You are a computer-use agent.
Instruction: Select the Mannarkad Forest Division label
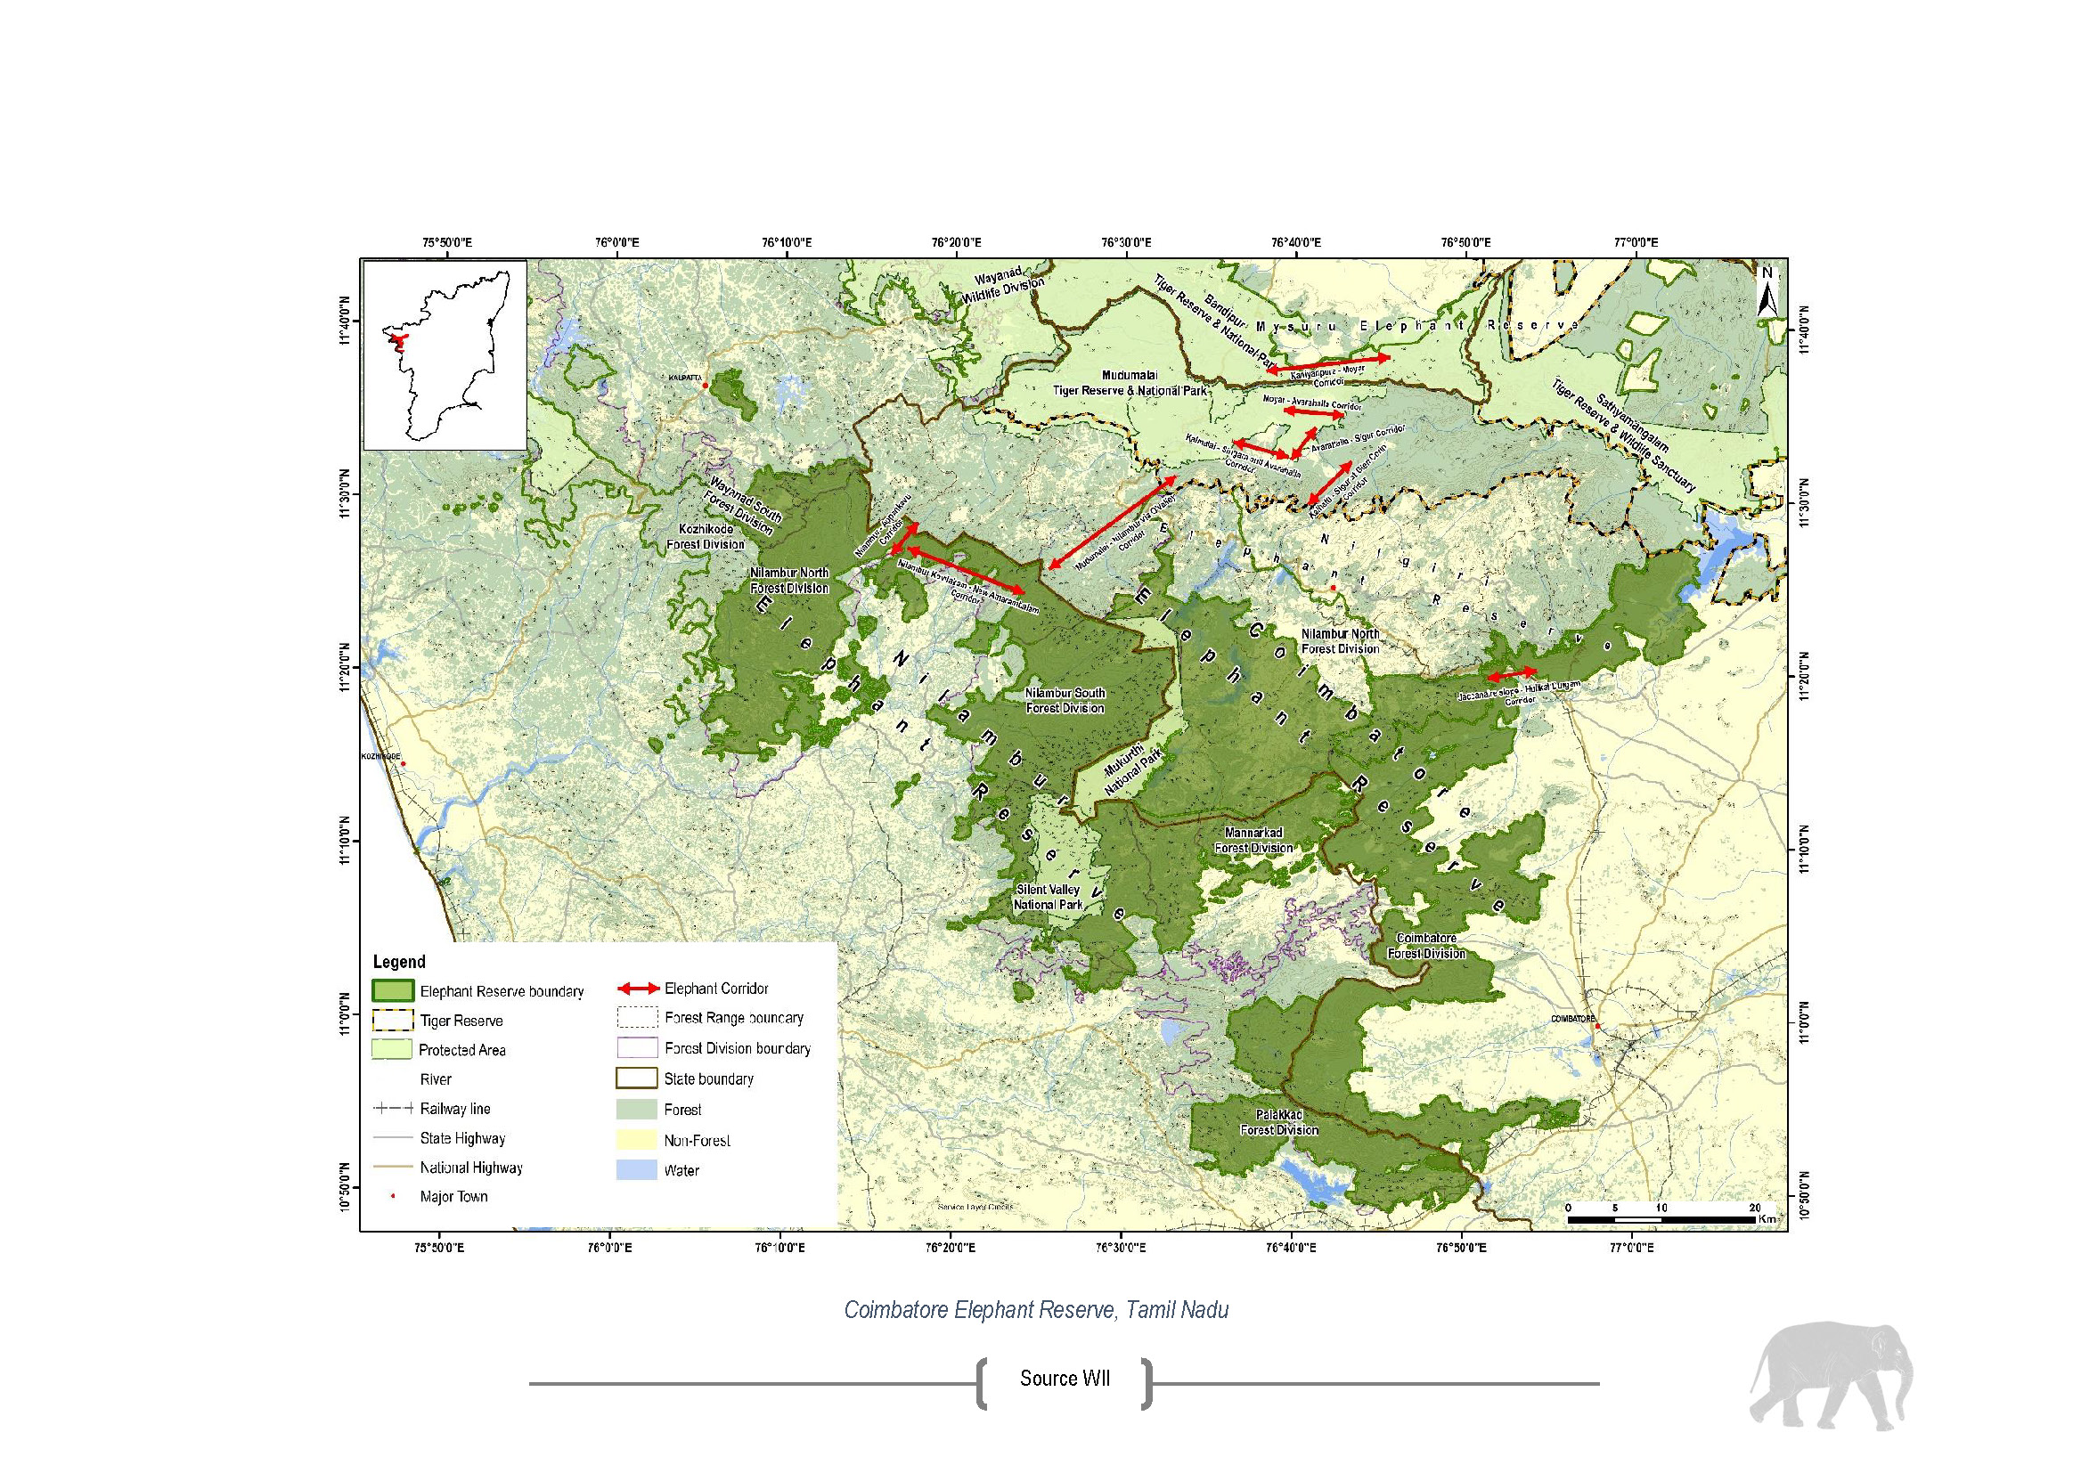(1253, 840)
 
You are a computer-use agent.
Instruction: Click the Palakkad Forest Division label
(1279, 1121)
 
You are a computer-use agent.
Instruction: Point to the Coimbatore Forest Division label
(1426, 945)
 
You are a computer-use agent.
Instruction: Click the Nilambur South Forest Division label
(1065, 699)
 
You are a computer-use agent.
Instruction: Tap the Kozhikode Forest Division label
(706, 536)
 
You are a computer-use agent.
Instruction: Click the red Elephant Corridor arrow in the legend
(638, 989)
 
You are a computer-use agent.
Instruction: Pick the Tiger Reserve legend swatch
(392, 1020)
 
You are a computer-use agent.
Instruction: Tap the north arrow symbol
(1766, 292)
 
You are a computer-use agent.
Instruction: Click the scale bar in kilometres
(1661, 1219)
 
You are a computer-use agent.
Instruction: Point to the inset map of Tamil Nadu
(445, 354)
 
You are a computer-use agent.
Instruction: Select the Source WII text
(1065, 1379)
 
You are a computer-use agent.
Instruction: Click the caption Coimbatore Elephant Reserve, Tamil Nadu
(1036, 1310)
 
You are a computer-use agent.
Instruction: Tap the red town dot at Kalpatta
(704, 386)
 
